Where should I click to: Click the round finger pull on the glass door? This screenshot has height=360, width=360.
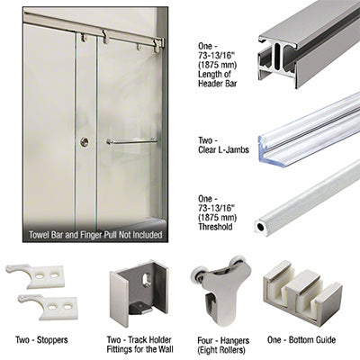85,142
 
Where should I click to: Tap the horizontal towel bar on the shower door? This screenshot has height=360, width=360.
131,141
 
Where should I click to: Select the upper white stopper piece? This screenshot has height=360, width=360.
35,275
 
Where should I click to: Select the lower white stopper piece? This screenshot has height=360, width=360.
48,306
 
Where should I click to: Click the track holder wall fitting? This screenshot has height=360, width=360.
139,292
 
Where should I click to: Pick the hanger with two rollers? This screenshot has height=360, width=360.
221,291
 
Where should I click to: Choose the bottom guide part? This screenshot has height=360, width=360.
302,292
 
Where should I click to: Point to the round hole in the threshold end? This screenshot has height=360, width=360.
260,227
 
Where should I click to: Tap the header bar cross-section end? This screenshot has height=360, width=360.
277,58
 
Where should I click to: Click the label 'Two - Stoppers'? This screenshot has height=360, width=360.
41,340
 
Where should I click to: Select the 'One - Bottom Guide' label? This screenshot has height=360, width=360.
301,340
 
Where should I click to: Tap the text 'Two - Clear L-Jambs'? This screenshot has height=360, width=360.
223,145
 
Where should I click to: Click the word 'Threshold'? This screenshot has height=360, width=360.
215,227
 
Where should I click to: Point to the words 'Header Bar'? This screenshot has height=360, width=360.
217,83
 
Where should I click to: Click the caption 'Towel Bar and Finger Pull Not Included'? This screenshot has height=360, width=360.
95,235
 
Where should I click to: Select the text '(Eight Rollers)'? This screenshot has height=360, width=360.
221,350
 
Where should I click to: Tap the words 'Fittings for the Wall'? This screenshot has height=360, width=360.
139,349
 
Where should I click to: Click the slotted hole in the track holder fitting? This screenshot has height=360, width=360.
147,280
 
